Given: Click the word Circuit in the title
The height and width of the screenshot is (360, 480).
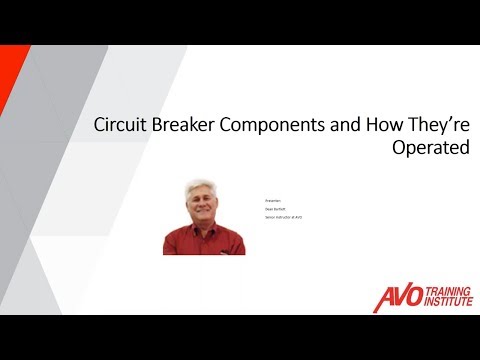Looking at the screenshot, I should [x=117, y=127].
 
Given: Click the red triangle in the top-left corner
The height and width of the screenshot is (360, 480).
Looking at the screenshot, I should [x=8, y=70].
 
